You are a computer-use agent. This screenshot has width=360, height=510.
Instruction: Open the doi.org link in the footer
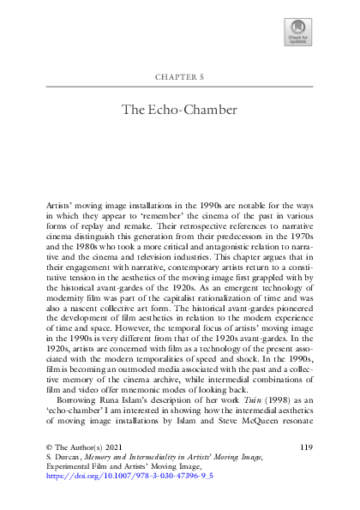[x=134, y=496]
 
